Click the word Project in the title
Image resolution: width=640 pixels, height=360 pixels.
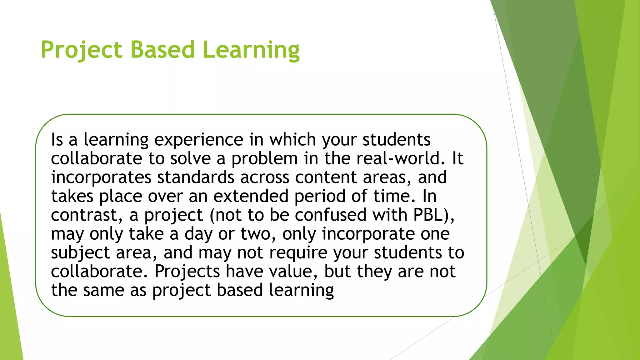pos(81,50)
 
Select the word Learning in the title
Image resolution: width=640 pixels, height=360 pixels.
pos(251,50)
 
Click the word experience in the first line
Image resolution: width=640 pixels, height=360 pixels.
pos(198,140)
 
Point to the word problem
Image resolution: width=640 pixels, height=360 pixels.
pos(264,159)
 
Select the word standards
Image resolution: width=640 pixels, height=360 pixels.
pos(196,177)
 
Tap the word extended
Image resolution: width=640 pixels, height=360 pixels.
pos(251,196)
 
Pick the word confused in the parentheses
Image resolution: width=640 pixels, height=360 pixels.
pos(330,215)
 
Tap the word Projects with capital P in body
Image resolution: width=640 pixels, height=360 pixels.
pos(187,272)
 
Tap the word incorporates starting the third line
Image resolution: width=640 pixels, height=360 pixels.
pos(101,177)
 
